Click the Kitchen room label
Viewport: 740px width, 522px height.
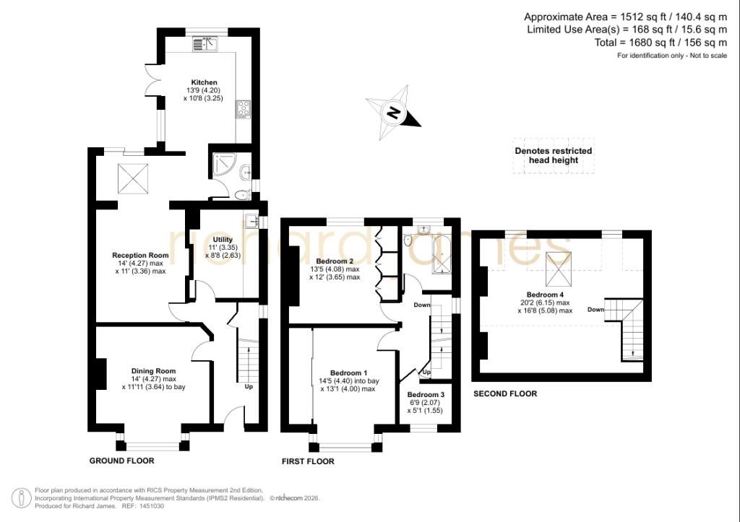pos(204,82)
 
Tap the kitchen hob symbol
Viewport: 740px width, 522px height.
pos(244,110)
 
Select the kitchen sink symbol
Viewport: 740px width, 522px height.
pos(204,44)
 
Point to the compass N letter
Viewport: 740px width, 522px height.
pos(393,113)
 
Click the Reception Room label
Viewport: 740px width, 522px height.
pos(140,256)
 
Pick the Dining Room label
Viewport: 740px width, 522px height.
pos(153,371)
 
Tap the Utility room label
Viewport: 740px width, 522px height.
pos(223,240)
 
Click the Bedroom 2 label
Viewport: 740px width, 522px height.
pos(335,261)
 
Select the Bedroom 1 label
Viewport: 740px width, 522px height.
pos(349,373)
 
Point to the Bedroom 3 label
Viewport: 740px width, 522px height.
pos(426,395)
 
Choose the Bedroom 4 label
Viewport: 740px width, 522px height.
pos(545,295)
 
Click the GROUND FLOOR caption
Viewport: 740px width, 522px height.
pos(121,461)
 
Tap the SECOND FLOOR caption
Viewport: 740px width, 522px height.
pos(505,393)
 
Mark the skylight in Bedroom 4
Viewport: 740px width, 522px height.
pos(559,269)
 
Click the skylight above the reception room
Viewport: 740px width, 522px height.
pos(133,179)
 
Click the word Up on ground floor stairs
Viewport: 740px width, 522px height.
pos(249,387)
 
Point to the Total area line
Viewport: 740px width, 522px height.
pos(661,43)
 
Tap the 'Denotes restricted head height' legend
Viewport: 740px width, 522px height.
pos(553,156)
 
